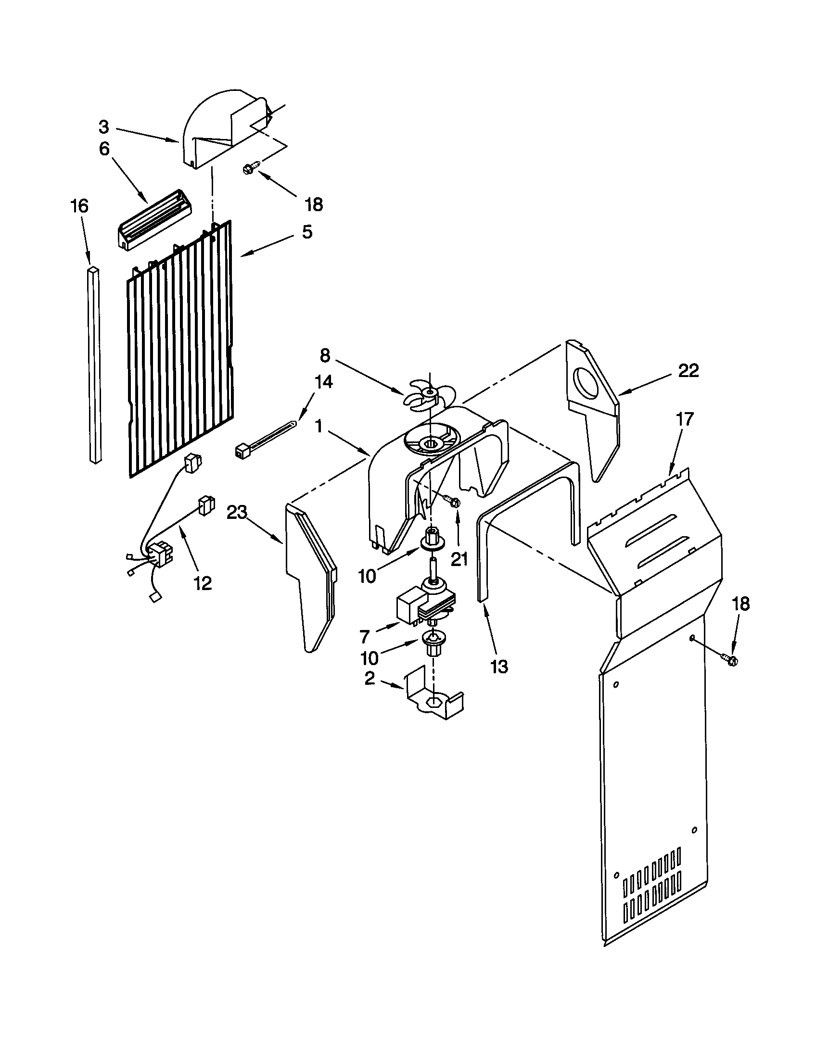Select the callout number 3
104,127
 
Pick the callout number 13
499,667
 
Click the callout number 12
203,583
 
